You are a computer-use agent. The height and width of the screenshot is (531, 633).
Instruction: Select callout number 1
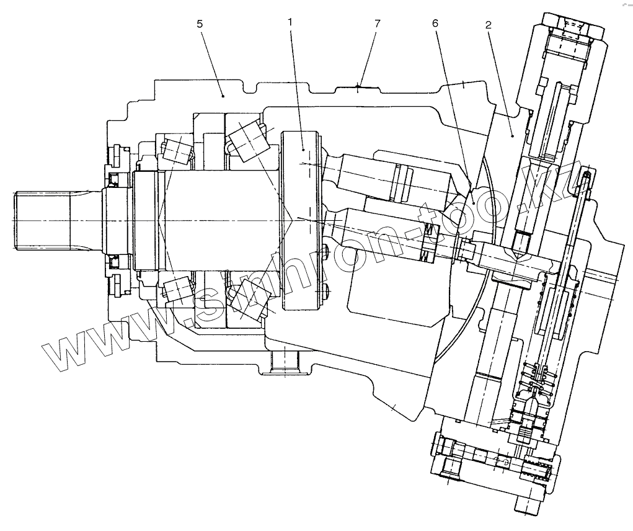coord(290,22)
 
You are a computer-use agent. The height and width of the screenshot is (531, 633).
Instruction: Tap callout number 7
coord(378,23)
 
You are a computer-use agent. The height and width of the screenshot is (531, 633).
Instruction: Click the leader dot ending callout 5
coord(223,96)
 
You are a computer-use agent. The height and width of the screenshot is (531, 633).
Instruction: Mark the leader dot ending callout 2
coord(512,133)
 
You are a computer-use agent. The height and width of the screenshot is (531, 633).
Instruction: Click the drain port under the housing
coord(285,363)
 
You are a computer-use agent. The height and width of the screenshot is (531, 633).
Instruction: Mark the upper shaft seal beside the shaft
coord(115,181)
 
